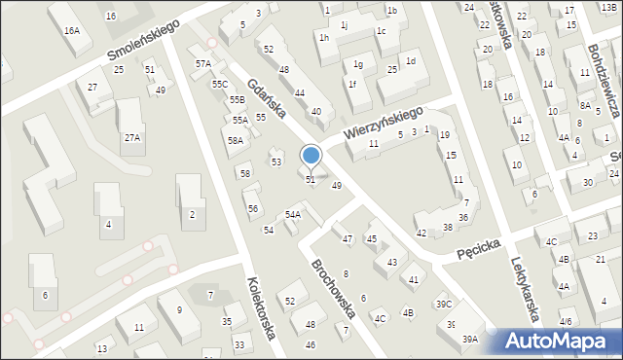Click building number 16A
tap(72, 31)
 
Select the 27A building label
tap(131, 138)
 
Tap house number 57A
tap(202, 64)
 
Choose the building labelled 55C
tap(220, 85)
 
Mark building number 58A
tap(236, 141)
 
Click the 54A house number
tap(292, 214)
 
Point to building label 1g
tap(358, 65)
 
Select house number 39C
tap(443, 305)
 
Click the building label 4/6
tap(566, 321)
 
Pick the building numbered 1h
tap(323, 37)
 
